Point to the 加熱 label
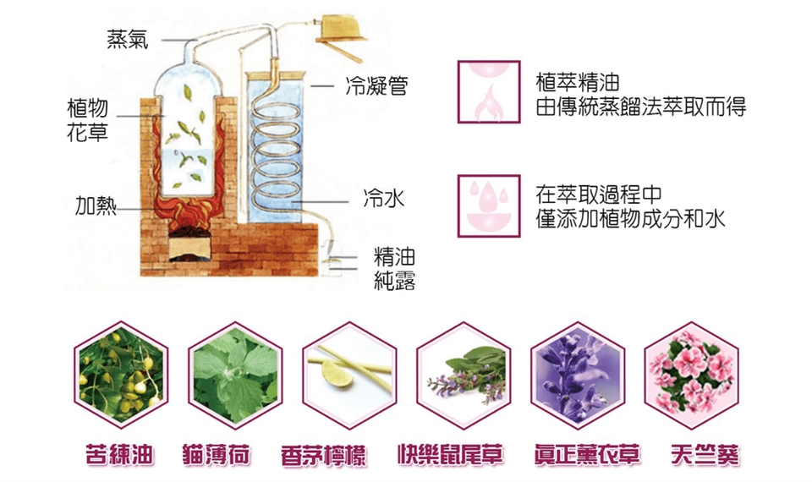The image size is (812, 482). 96,206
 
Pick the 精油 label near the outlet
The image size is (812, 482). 394,257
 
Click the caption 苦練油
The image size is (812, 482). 120,454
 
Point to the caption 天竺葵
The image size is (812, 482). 694,454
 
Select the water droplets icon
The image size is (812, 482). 488,205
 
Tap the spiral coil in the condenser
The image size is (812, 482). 280,152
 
